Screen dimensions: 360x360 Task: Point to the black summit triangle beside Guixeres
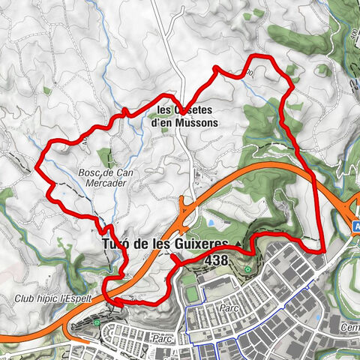coord(238,245)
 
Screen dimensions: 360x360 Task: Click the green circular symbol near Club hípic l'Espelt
coord(97,323)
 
